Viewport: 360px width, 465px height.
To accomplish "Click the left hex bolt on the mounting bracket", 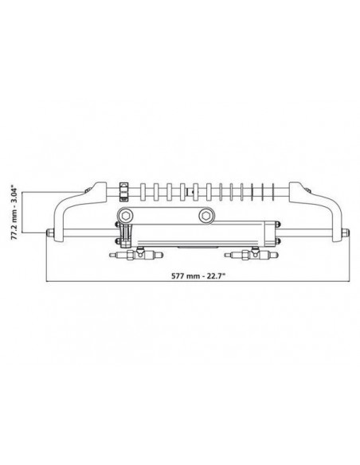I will [x=123, y=216].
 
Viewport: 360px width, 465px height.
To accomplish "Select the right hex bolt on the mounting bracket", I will [x=206, y=216].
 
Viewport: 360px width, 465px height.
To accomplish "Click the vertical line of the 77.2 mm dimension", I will [x=25, y=211].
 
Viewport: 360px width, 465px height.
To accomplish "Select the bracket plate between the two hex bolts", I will [x=165, y=216].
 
